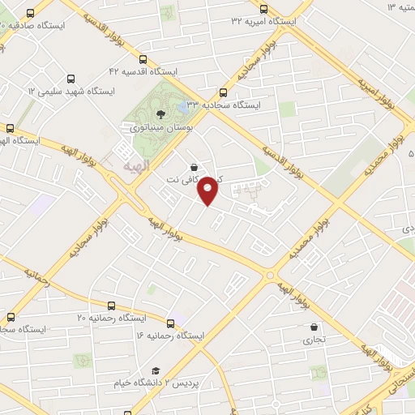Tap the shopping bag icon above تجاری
coord(314,327)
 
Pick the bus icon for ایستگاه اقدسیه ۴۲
coord(143,58)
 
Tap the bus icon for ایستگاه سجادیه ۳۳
coord(223,92)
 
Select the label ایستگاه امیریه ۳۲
coord(263,19)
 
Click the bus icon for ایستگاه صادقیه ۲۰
coord(30,14)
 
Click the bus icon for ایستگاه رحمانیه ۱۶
coord(170,322)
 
